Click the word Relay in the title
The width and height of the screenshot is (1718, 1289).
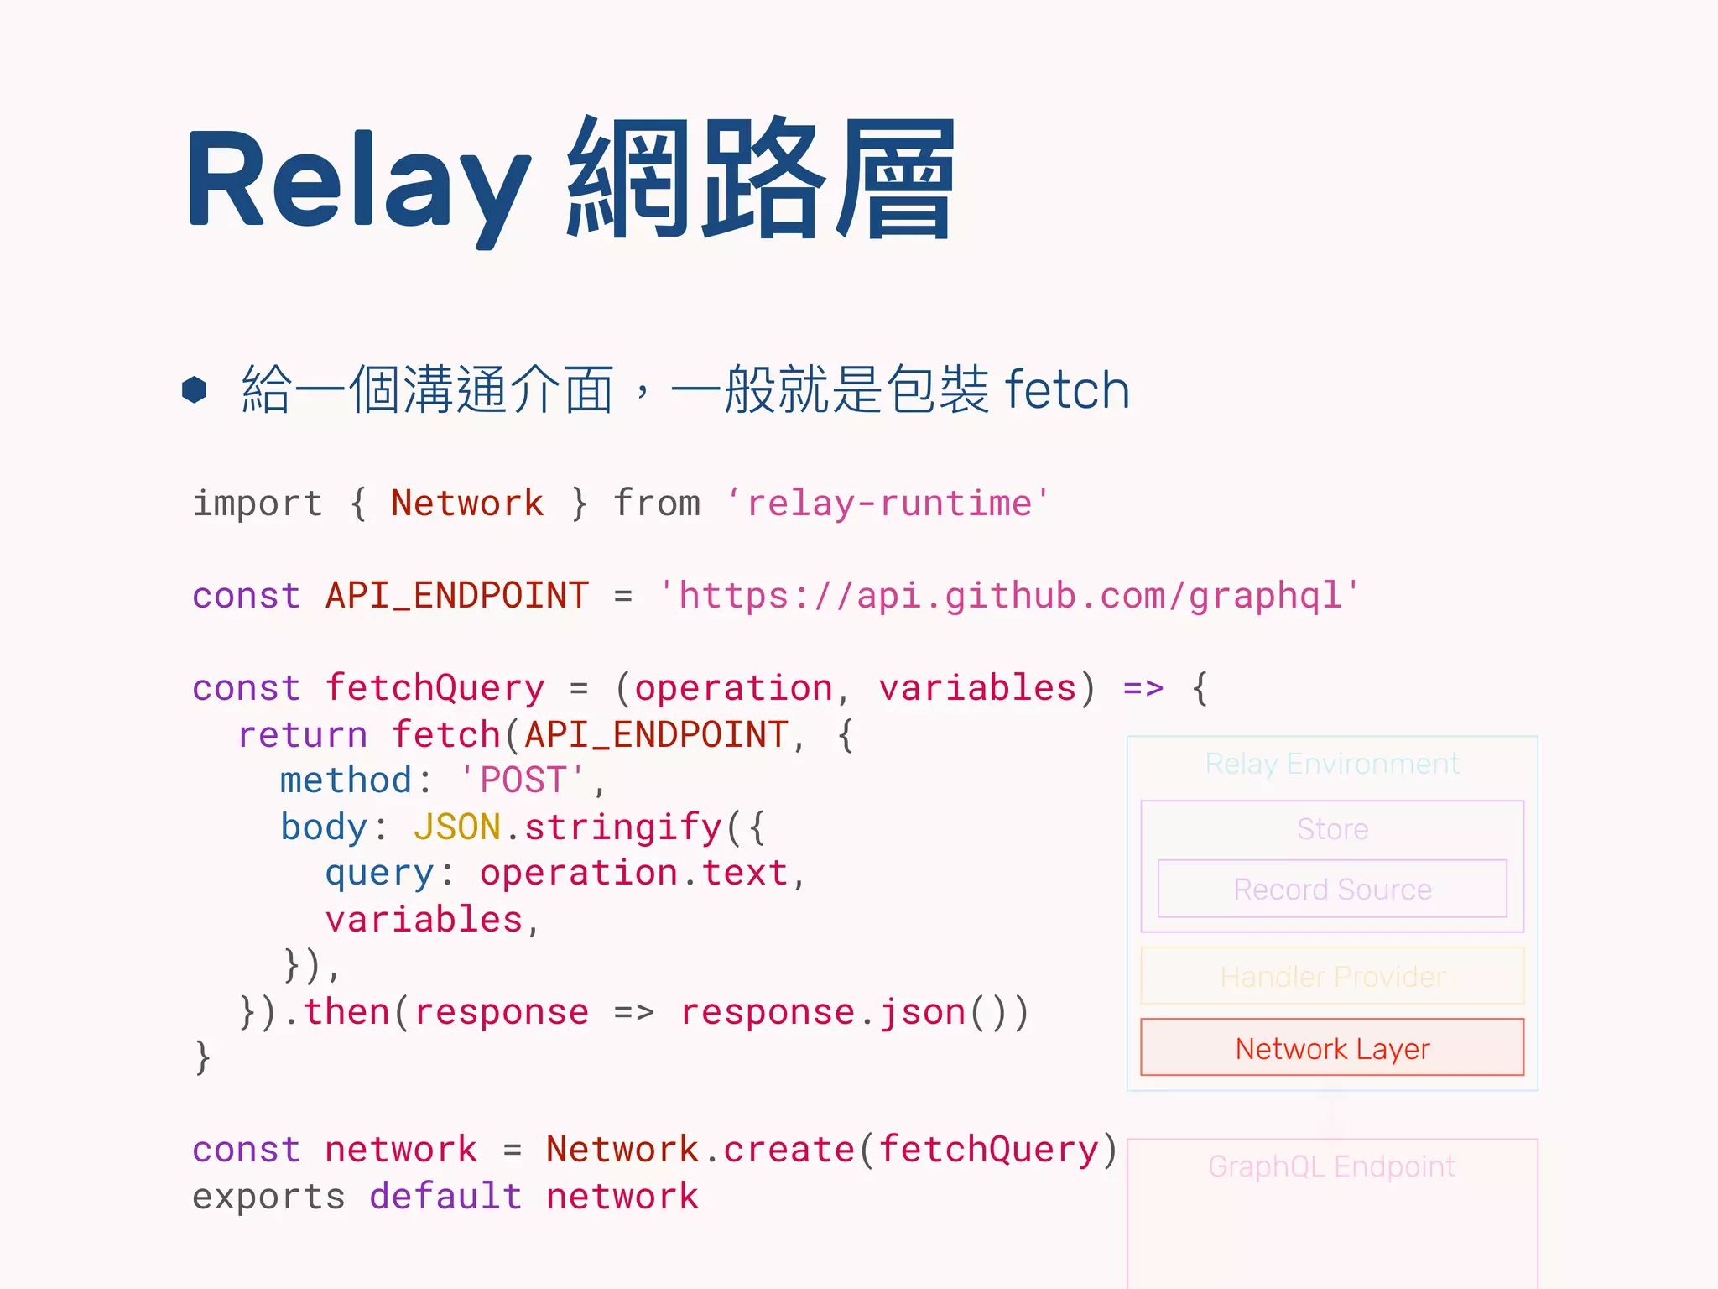(x=357, y=180)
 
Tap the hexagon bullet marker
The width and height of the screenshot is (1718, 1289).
(x=195, y=389)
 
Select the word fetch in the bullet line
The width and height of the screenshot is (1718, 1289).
(x=1066, y=390)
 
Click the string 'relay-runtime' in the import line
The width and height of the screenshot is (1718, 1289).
(x=888, y=504)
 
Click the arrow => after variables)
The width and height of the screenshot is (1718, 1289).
(x=1143, y=688)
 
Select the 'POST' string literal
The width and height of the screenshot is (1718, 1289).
(x=523, y=780)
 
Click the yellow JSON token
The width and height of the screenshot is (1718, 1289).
(x=456, y=827)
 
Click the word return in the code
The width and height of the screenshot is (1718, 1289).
(x=303, y=734)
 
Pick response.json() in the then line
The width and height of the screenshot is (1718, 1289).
(x=853, y=1012)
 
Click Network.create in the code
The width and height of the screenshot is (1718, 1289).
(x=698, y=1150)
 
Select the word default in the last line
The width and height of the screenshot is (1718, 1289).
(x=445, y=1196)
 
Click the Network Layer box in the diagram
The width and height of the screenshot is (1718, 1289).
(x=1332, y=1047)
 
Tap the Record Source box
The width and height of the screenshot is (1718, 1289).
(x=1332, y=889)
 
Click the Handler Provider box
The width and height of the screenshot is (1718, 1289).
(x=1332, y=976)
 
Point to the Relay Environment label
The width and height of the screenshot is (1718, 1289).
(x=1332, y=764)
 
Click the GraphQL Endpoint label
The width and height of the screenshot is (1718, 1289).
(x=1332, y=1166)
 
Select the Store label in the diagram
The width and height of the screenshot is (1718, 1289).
(x=1332, y=829)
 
